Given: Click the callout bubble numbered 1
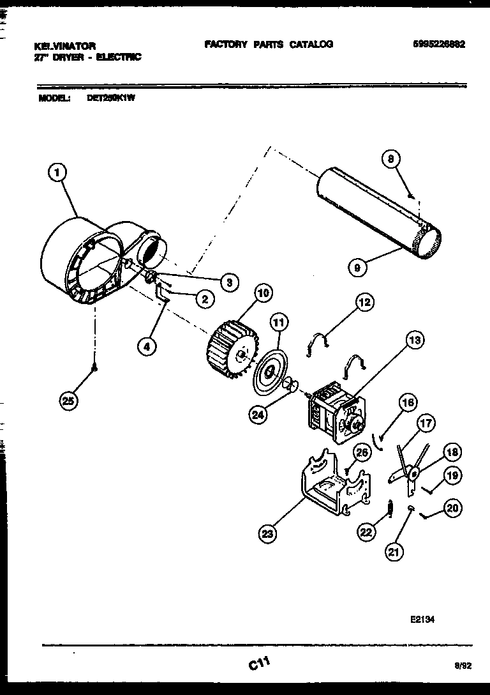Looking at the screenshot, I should click(58, 171).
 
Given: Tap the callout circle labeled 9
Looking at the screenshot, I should click(358, 268).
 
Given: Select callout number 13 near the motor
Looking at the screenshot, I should click(414, 341).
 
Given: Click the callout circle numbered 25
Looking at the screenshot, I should click(68, 401).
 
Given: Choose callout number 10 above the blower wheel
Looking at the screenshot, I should click(262, 293).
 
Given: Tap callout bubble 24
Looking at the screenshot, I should click(258, 414).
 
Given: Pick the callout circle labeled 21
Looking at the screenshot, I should click(395, 552).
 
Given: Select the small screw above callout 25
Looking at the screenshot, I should click(95, 367).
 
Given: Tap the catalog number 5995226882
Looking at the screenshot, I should click(438, 45).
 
